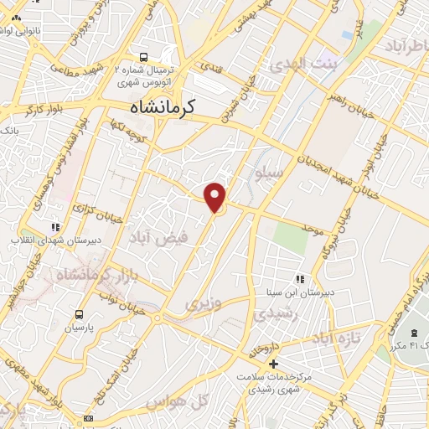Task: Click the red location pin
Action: pyautogui.click(x=216, y=197)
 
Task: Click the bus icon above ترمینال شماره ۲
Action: pyautogui.click(x=144, y=58)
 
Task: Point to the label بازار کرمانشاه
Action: pyautogui.click(x=75, y=273)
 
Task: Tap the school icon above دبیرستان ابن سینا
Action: pyautogui.click(x=298, y=280)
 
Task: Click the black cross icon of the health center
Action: pyautogui.click(x=271, y=364)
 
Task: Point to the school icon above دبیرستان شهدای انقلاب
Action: pyautogui.click(x=55, y=226)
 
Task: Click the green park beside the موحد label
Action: pyautogui.click(x=290, y=235)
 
